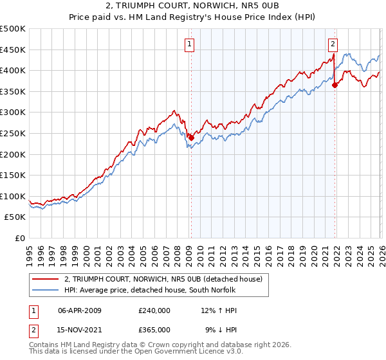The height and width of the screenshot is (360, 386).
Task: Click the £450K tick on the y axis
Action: pyautogui.click(x=13, y=50)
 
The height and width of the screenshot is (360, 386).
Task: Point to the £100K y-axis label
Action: pyautogui.click(x=13, y=196)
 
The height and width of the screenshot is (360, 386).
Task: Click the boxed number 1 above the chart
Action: pyautogui.click(x=190, y=44)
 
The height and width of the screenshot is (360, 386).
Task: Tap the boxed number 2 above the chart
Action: pyautogui.click(x=333, y=44)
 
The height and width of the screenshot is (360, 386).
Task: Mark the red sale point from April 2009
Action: pyautogui.click(x=191, y=137)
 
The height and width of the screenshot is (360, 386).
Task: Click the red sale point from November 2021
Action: pyautogui.click(x=335, y=84)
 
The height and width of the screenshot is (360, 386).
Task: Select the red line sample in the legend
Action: pyautogui.click(x=46, y=279)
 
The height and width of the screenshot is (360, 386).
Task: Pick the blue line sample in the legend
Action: pyautogui.click(x=46, y=290)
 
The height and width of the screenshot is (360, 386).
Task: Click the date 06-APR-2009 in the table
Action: pyautogui.click(x=80, y=310)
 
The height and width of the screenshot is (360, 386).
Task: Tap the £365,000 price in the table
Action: pyautogui.click(x=154, y=329)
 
